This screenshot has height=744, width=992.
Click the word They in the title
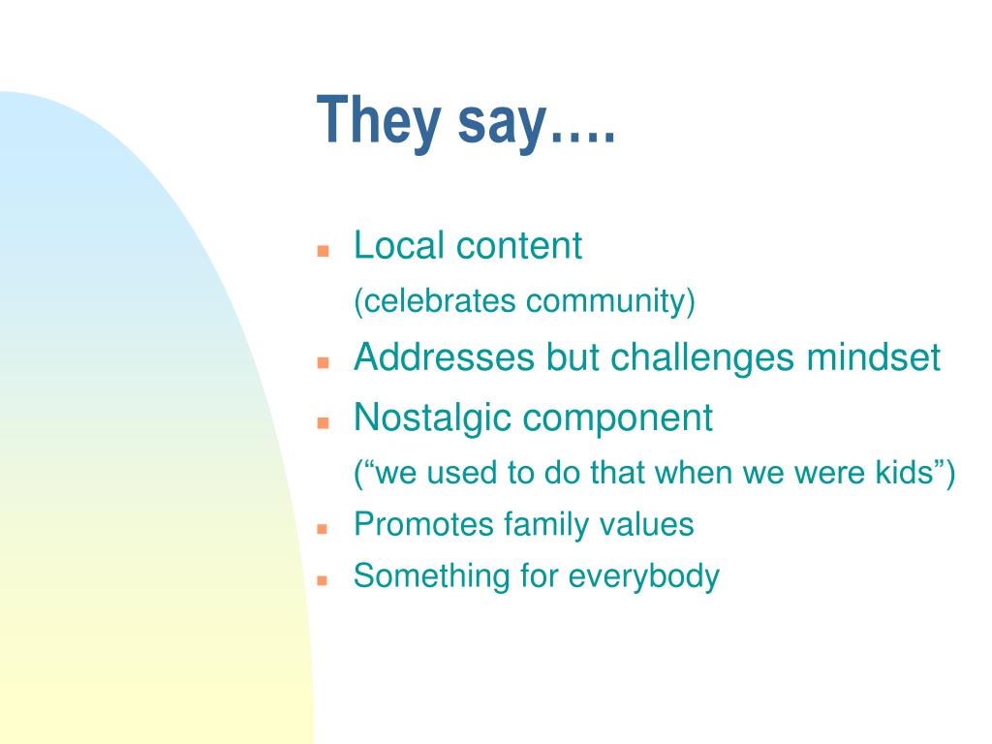pos(379,121)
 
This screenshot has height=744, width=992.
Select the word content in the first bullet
pos(519,246)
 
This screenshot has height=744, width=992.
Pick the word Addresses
pos(444,356)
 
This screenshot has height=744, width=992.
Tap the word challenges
pos(702,358)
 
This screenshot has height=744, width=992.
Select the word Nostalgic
pos(431,418)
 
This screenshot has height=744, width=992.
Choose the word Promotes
pos(423,524)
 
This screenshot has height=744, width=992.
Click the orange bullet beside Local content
pos(324,251)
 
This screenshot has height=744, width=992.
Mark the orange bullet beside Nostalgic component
pos(324,422)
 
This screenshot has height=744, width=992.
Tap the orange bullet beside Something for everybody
pos(323,579)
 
